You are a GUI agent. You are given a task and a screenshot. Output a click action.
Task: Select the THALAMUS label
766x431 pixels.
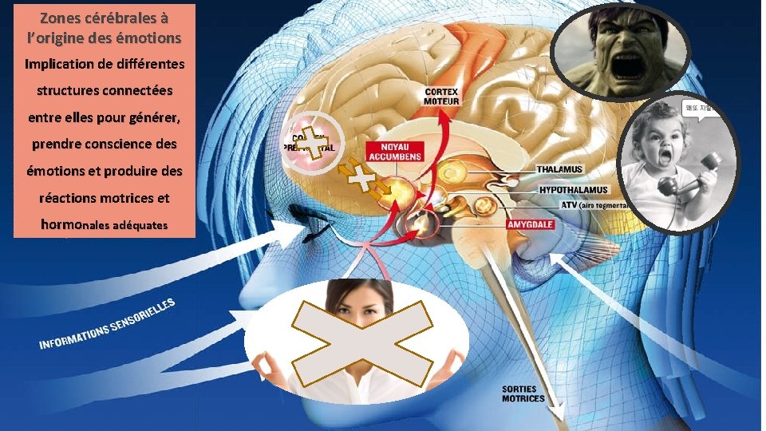coord(559,169)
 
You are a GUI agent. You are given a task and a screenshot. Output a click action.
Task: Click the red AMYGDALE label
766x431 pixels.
coord(531,225)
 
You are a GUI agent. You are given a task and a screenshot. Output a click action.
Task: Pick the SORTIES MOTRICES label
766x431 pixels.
coord(523,393)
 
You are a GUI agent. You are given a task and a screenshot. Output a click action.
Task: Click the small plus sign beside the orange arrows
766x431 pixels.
coord(363,180)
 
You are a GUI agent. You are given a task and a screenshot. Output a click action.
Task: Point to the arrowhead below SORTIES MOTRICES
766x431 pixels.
coord(558,415)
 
